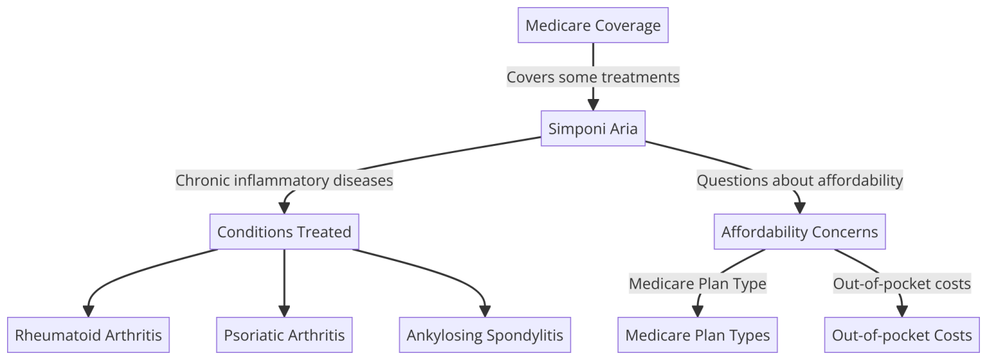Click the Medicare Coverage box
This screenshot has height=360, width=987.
coord(592,26)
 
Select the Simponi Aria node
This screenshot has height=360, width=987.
coord(592,129)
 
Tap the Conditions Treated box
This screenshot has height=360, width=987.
coord(284,231)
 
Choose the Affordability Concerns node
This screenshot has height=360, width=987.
coord(799,231)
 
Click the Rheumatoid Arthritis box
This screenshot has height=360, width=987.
coord(88,335)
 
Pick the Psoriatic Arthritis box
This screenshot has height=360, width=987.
coord(284,335)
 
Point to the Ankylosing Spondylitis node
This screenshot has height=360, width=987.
coord(485,335)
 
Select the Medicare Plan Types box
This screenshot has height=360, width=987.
coord(697,335)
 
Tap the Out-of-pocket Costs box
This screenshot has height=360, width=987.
coord(902,335)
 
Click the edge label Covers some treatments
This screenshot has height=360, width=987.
coord(592,77)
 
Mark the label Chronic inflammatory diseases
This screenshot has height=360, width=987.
coord(284,181)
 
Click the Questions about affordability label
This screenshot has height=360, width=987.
coord(799,181)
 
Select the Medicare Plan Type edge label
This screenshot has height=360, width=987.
coord(697,283)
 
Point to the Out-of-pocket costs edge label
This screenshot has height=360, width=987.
coord(902,283)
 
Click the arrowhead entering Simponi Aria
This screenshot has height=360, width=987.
coord(592,106)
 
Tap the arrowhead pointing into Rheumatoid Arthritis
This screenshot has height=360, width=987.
coord(88,312)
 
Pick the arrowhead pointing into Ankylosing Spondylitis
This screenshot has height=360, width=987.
coord(485,312)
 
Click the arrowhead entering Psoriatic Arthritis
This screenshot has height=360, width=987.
coord(284,312)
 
